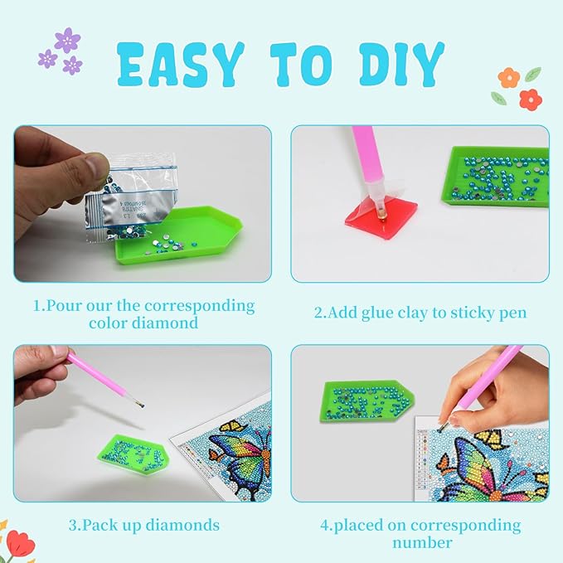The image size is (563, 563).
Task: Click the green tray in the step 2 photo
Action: [x=496, y=175]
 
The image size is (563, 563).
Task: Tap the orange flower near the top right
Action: [x=507, y=78]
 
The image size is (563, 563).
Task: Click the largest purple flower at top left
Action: [x=66, y=40]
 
